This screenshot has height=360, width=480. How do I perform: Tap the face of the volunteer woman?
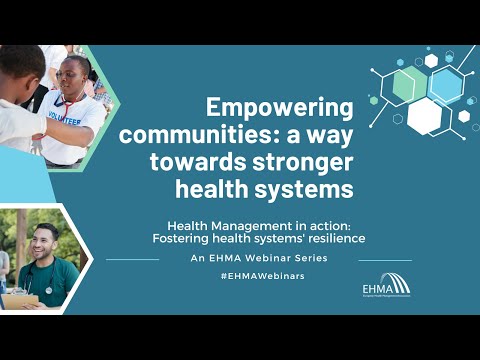[x=76, y=78]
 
